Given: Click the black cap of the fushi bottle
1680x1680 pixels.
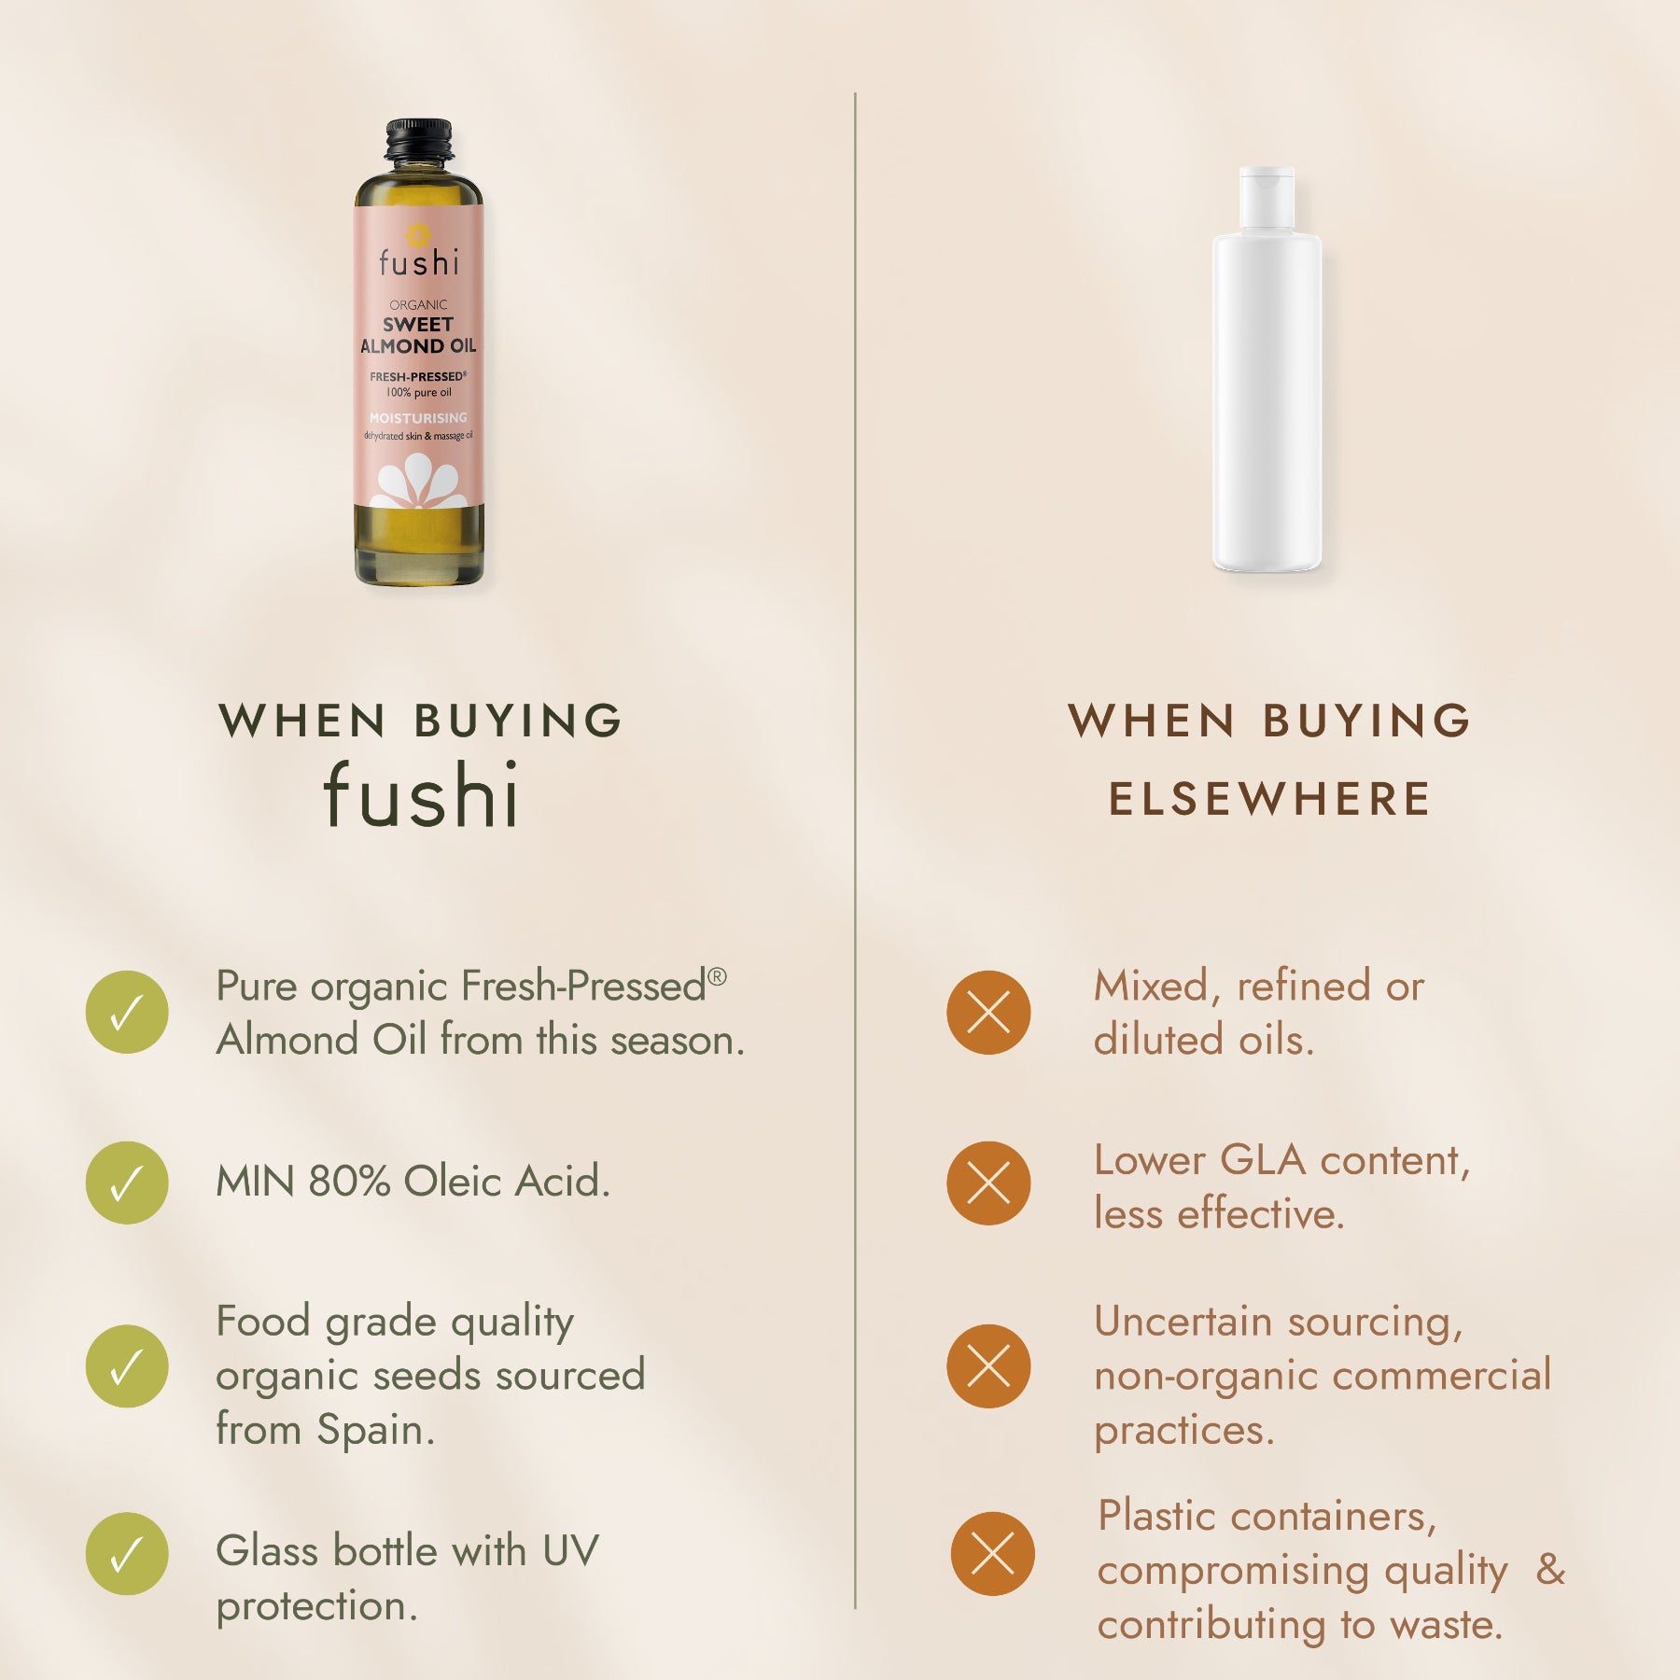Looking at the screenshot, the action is pyautogui.click(x=419, y=141).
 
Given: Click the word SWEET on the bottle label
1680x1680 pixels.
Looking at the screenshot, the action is pyautogui.click(x=418, y=325).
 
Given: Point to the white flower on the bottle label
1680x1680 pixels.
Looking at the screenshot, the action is pyautogui.click(x=418, y=481).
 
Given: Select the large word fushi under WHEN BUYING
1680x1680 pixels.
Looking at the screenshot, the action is pyautogui.click(x=420, y=795).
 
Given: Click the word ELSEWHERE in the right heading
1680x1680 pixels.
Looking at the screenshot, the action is pyautogui.click(x=1269, y=799).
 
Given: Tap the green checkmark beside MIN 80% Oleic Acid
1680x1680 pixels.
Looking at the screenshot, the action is pyautogui.click(x=127, y=1183).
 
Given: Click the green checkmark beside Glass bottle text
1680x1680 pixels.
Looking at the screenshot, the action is pyautogui.click(x=127, y=1554).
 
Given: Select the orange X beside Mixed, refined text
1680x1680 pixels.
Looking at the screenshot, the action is pyautogui.click(x=989, y=1013).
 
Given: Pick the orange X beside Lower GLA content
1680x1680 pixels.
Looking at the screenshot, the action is pyautogui.click(x=989, y=1183).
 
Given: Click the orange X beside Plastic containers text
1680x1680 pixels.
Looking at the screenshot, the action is pyautogui.click(x=993, y=1554).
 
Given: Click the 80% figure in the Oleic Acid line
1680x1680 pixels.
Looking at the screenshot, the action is pyautogui.click(x=349, y=1182).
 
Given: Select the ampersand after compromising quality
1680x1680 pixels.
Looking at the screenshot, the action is pyautogui.click(x=1550, y=1570).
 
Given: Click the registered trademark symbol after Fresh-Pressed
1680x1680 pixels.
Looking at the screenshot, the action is pyautogui.click(x=717, y=976).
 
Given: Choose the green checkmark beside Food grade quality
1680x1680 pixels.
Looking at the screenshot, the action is pyautogui.click(x=127, y=1366).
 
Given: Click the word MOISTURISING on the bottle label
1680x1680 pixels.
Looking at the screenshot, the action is pyautogui.click(x=418, y=418).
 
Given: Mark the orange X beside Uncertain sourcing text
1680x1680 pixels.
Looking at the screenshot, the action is pyautogui.click(x=989, y=1366).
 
